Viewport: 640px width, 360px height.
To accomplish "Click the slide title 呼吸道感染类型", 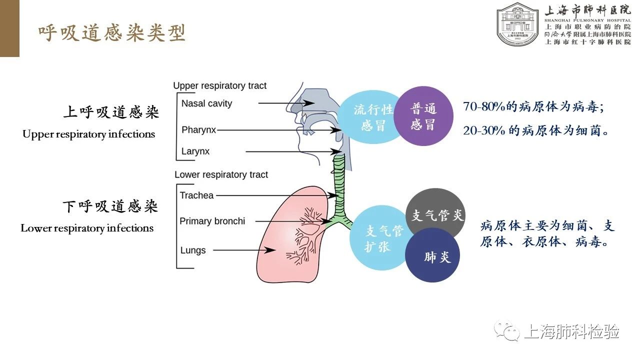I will (112, 33).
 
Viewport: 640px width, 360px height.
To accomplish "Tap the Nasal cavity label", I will (206, 103).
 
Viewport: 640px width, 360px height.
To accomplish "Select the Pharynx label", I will (198, 130).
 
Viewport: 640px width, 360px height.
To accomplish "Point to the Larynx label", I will (195, 151).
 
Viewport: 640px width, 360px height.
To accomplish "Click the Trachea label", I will (196, 195).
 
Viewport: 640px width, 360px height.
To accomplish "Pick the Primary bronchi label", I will (212, 221).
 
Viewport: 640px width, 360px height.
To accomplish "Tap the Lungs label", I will (193, 250).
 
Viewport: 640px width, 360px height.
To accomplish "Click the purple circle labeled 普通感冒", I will (423, 116).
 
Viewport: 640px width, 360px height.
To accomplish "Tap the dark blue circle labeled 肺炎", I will (432, 255).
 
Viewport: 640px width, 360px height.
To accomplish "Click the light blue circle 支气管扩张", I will (378, 238).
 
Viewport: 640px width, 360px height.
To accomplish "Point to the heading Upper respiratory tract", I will (220, 86).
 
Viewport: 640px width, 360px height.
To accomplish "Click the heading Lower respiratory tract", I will (221, 175).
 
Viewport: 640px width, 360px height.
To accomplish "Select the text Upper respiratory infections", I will (89, 134).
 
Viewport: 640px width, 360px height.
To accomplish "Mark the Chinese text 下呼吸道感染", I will (110, 206).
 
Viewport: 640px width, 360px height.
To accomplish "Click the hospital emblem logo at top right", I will (518, 23).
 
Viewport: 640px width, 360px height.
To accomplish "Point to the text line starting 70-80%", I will (538, 107).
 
